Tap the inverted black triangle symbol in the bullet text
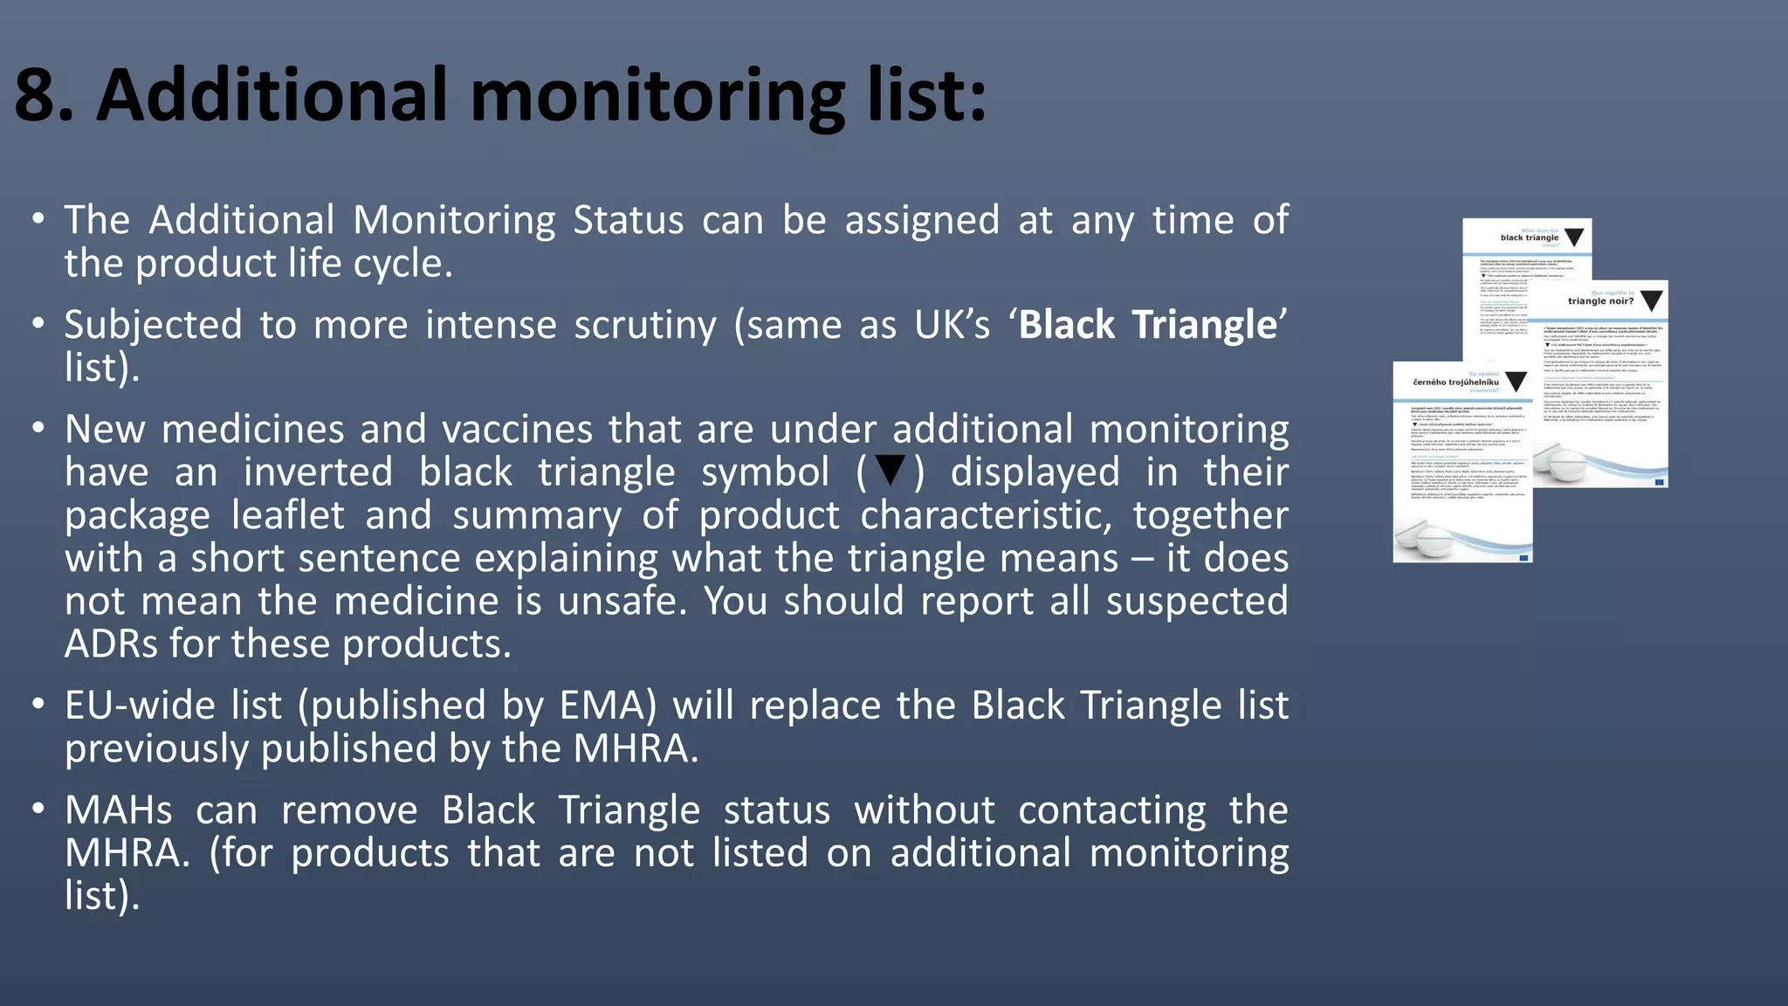pyautogui.click(x=890, y=469)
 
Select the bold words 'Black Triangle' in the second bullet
pyautogui.click(x=1147, y=325)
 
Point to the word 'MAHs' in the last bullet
pyautogui.click(x=119, y=810)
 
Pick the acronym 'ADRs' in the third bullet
pyautogui.click(x=112, y=644)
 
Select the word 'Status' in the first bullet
pyautogui.click(x=628, y=220)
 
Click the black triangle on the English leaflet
pyautogui.click(x=1573, y=238)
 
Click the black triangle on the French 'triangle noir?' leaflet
pyautogui.click(x=1651, y=301)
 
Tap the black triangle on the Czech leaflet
pyautogui.click(x=1516, y=381)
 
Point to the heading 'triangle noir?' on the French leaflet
pyautogui.click(x=1600, y=301)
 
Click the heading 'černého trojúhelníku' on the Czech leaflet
pyautogui.click(x=1455, y=382)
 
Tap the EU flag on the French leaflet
pyautogui.click(x=1659, y=480)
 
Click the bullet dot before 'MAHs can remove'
pyautogui.click(x=37, y=809)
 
